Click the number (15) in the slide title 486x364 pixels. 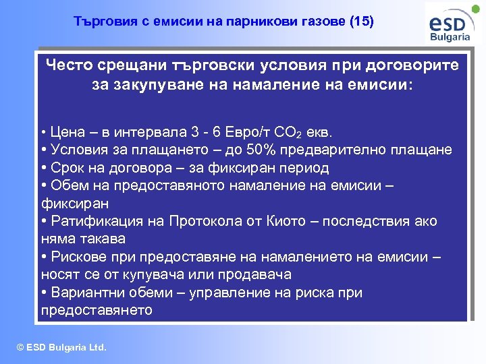pyautogui.click(x=360, y=22)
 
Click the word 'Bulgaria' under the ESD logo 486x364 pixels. pyautogui.click(x=450, y=37)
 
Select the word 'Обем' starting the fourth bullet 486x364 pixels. pyautogui.click(x=67, y=185)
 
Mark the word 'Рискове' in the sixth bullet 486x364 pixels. pyautogui.click(x=77, y=257)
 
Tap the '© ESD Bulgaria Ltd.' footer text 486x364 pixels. pyautogui.click(x=61, y=348)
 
